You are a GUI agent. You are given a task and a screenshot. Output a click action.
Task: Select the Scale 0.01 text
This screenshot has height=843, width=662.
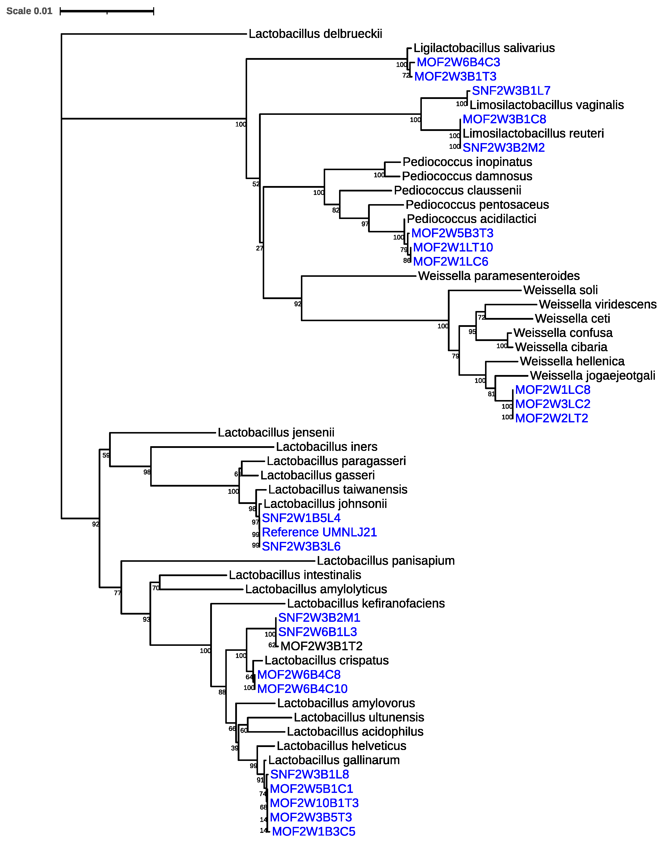29,11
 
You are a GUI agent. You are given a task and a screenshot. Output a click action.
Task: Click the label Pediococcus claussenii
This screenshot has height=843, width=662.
457,190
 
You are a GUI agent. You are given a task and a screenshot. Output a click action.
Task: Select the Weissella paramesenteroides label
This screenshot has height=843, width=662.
499,276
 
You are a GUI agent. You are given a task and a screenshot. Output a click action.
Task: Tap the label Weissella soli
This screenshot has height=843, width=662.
560,290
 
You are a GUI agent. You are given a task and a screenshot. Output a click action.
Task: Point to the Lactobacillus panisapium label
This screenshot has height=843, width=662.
386,561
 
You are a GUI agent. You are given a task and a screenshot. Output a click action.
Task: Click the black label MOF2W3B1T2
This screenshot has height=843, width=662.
321,646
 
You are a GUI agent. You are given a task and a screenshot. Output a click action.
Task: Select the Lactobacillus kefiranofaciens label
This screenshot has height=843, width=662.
366,603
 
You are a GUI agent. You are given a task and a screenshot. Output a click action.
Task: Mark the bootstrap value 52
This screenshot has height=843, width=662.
256,184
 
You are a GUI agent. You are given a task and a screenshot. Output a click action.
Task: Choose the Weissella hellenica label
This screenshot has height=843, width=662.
572,361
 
